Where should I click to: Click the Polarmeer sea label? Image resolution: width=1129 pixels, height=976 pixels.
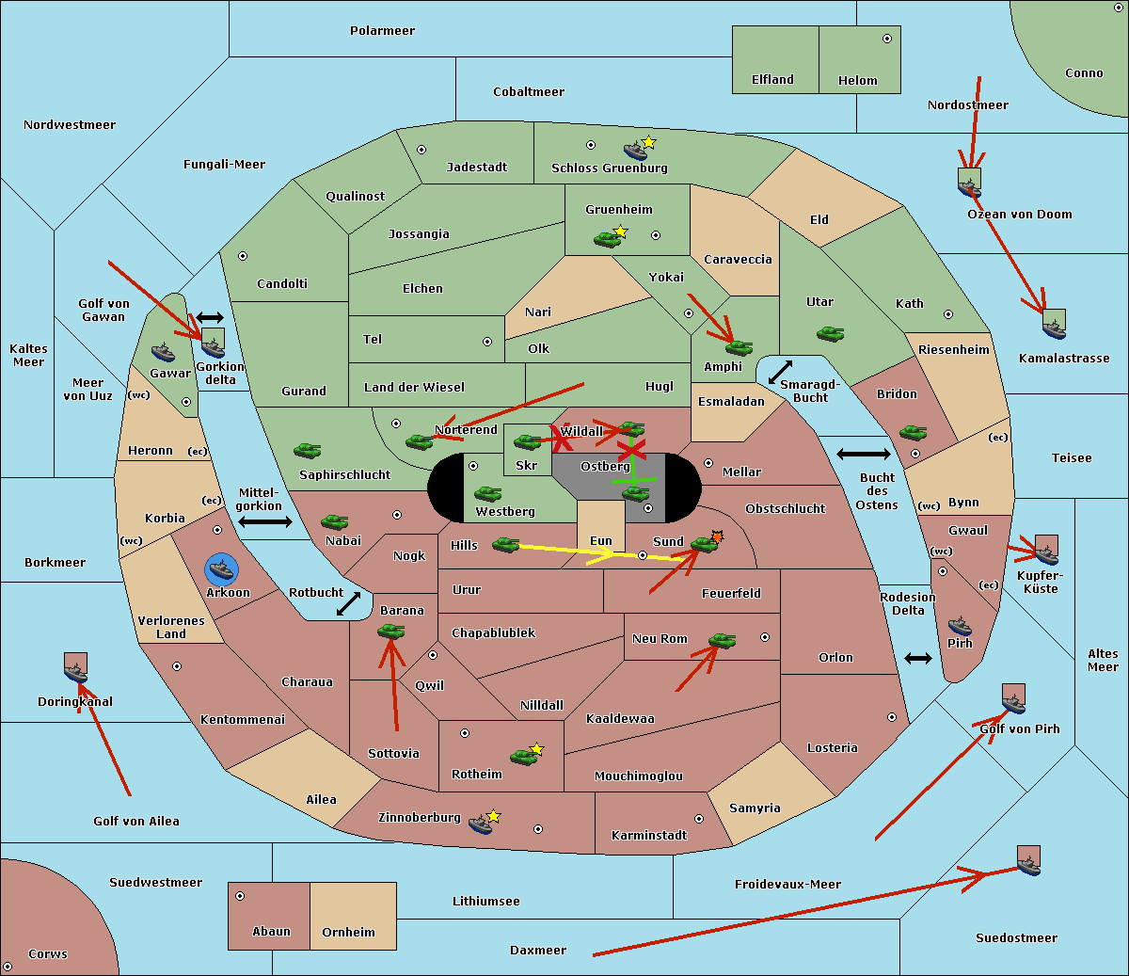coord(382,31)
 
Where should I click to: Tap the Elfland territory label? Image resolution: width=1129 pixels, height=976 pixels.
coord(772,80)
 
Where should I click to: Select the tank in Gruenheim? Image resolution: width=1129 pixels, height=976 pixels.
coord(608,239)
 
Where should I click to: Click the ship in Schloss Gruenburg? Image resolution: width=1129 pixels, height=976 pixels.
coord(636,151)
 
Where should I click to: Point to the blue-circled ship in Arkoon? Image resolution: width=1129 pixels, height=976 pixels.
coord(222,569)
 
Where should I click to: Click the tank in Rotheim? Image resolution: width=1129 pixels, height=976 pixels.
coord(524,756)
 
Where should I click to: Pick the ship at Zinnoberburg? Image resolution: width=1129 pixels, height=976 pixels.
coord(481,824)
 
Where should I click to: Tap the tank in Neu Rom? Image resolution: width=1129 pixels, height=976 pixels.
coord(722,641)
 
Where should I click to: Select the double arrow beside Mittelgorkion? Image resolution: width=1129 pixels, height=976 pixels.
coord(265,522)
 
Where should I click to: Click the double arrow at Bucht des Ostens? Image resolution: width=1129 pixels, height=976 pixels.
coord(863,455)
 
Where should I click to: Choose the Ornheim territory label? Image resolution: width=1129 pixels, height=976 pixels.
coord(348,933)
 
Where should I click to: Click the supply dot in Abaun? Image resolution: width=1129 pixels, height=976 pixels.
coord(240,896)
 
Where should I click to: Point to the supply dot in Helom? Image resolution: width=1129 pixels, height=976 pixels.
coord(886,39)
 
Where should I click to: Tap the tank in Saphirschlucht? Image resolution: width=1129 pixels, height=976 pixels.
coord(307,452)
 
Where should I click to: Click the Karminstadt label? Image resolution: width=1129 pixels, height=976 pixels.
coord(649,836)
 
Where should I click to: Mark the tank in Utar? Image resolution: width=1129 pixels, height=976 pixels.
coord(830,333)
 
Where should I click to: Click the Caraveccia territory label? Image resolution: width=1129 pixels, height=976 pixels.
coord(738,260)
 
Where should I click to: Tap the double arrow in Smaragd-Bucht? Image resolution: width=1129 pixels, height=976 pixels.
coord(780,373)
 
